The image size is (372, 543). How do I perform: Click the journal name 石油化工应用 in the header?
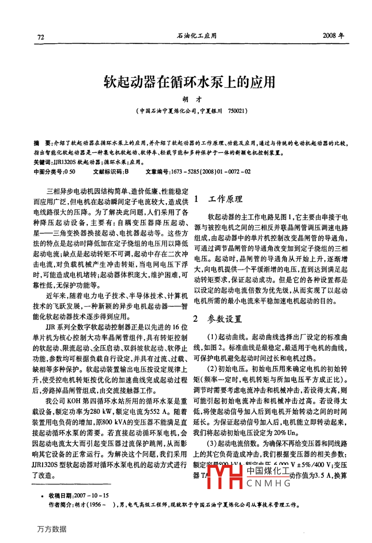point(197,36)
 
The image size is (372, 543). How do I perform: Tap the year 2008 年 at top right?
point(334,35)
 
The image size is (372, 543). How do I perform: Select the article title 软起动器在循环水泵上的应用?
point(189,81)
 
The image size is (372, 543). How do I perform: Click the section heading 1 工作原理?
point(218,200)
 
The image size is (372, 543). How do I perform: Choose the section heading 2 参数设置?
point(218,319)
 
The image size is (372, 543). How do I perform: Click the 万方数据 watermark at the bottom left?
point(51,529)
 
